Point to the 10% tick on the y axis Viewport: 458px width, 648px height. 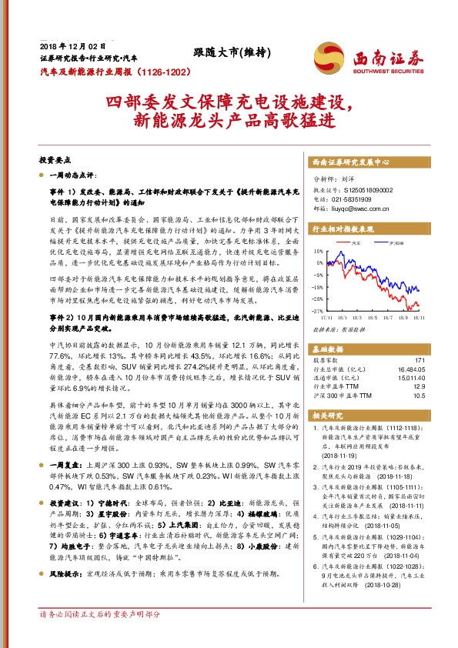click(x=319, y=251)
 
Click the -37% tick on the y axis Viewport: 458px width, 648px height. click(x=318, y=310)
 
